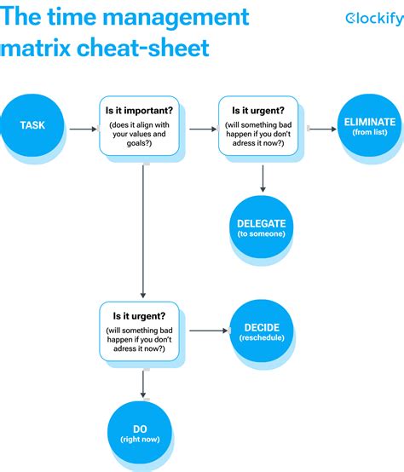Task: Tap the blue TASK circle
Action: (x=32, y=126)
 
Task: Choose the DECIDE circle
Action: (x=262, y=332)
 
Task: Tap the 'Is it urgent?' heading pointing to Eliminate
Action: (x=258, y=110)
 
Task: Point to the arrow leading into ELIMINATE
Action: (x=320, y=130)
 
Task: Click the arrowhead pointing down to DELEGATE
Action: (x=263, y=188)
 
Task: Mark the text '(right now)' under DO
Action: (x=140, y=439)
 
